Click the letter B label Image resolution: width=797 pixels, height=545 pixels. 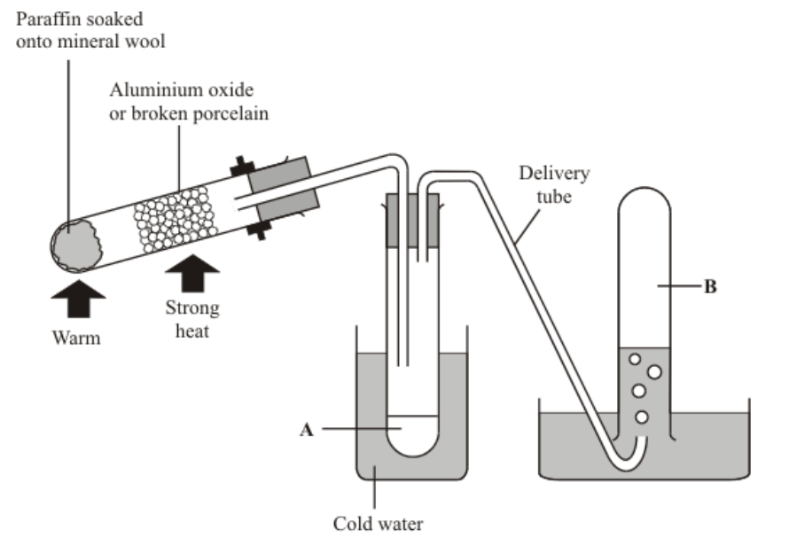(710, 287)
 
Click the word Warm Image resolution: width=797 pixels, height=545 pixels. (75, 338)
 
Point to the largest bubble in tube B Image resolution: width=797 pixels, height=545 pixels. (654, 372)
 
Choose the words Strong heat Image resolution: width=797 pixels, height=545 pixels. (192, 320)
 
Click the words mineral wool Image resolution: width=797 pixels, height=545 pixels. (118, 41)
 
